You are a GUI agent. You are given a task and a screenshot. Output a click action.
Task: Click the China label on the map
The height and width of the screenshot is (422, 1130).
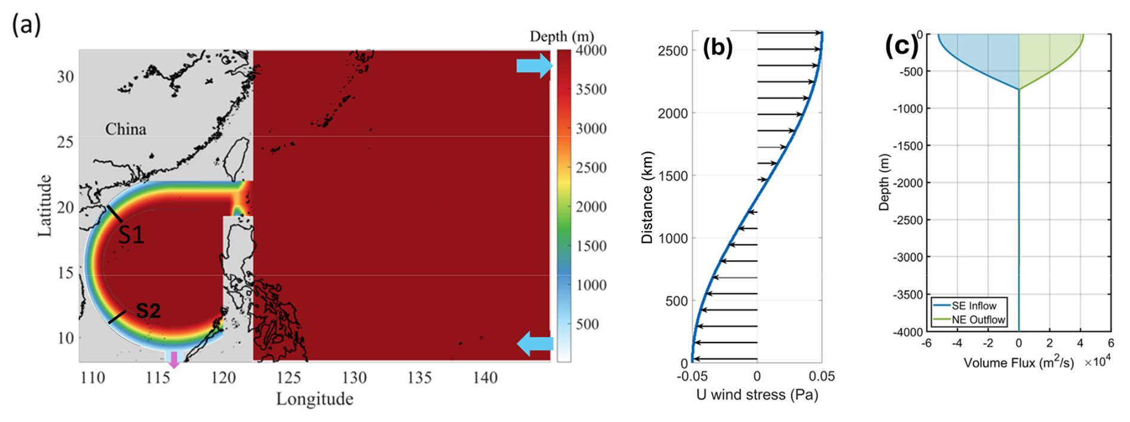(x=125, y=129)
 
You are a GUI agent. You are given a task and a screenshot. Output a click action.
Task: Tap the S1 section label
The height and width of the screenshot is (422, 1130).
(x=131, y=235)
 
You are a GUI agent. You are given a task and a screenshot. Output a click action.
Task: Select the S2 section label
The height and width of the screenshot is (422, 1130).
(x=148, y=310)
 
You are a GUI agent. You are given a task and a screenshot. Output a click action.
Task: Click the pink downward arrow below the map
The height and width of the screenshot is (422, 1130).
(x=174, y=359)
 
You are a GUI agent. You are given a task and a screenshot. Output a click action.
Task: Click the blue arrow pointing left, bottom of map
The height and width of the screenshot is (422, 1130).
(x=535, y=344)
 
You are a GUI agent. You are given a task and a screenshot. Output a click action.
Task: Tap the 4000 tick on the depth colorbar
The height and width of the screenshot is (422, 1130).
(x=591, y=50)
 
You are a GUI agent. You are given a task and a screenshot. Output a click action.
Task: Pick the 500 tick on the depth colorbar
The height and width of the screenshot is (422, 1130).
(x=587, y=324)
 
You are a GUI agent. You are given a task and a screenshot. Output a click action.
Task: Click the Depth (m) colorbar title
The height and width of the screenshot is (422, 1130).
(x=561, y=36)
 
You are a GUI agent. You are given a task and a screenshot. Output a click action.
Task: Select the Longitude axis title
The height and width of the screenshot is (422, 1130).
(x=314, y=399)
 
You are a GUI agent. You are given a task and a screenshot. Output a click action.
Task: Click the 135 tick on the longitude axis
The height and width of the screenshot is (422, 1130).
(x=419, y=378)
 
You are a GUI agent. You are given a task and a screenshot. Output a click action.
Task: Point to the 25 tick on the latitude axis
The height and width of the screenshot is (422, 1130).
(x=65, y=142)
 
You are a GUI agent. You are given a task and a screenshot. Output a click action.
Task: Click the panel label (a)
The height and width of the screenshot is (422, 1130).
(x=26, y=25)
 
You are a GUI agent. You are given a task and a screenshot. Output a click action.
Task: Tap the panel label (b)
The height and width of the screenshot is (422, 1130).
(x=717, y=47)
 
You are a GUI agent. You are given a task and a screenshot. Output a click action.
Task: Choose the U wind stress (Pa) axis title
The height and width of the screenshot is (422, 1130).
(x=757, y=395)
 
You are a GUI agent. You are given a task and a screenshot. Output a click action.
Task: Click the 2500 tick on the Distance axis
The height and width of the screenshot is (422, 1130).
(x=673, y=51)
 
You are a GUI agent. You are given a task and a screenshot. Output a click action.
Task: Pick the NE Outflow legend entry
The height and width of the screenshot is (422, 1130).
(x=978, y=319)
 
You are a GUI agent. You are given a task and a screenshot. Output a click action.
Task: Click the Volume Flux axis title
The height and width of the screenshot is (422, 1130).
(x=1018, y=363)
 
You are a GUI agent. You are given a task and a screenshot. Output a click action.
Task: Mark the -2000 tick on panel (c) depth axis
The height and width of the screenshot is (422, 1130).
(x=909, y=183)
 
